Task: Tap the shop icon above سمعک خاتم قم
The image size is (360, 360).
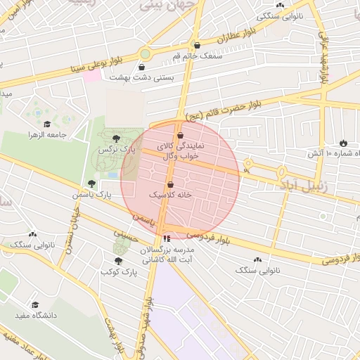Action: coord(196,44)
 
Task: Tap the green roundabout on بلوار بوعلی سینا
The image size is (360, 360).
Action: coord(145,53)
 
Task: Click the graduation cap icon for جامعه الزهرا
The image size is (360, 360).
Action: coord(56,125)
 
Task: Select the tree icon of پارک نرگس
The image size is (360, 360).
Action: coord(116,139)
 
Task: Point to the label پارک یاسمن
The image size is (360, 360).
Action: coord(92,193)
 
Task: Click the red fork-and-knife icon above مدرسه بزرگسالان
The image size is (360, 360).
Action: coord(166,239)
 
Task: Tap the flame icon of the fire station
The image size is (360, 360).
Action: coord(344,143)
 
